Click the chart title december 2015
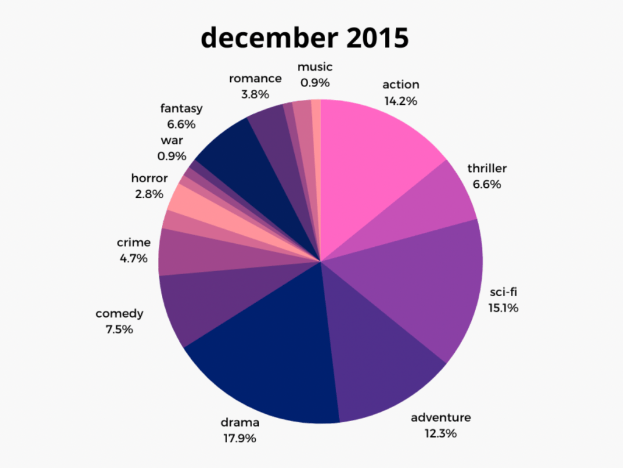(304, 38)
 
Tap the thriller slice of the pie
(432, 201)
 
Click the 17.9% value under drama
(239, 438)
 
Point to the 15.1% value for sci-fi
(503, 308)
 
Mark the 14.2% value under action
(400, 101)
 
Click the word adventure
(440, 417)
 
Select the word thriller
(487, 168)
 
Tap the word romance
(255, 79)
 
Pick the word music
(315, 67)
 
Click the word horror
(149, 179)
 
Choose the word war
(172, 140)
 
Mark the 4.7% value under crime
(133, 258)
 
